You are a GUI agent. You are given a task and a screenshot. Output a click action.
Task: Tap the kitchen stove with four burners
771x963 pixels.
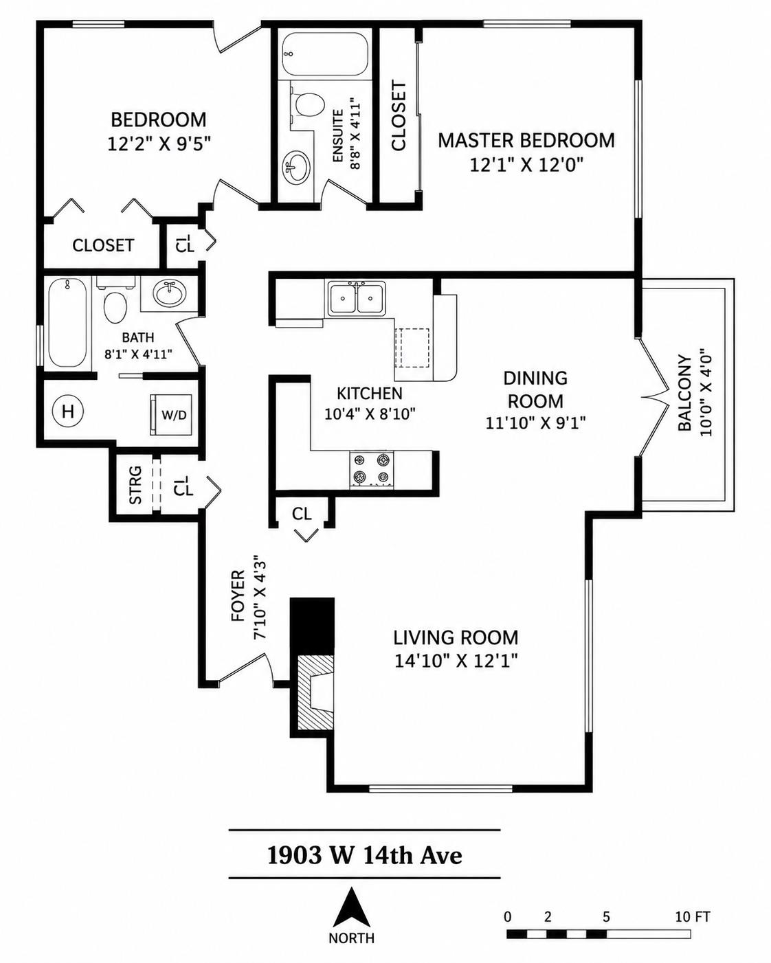pos(372,468)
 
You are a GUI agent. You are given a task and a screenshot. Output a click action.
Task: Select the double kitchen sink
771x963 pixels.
pos(357,298)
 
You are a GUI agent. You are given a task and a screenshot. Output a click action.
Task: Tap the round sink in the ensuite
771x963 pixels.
pos(295,168)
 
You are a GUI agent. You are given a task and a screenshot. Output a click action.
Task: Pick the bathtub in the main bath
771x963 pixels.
pos(67,323)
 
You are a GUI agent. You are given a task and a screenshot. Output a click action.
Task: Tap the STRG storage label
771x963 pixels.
pos(135,485)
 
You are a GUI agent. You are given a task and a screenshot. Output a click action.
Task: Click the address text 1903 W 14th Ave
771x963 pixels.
pos(364,856)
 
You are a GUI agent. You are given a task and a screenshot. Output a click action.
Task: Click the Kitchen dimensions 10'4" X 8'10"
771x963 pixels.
pos(370,414)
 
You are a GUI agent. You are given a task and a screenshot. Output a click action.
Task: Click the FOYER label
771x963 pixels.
pos(238,595)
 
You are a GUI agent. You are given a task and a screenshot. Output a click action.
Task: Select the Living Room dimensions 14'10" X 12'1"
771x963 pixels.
pos(456,661)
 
